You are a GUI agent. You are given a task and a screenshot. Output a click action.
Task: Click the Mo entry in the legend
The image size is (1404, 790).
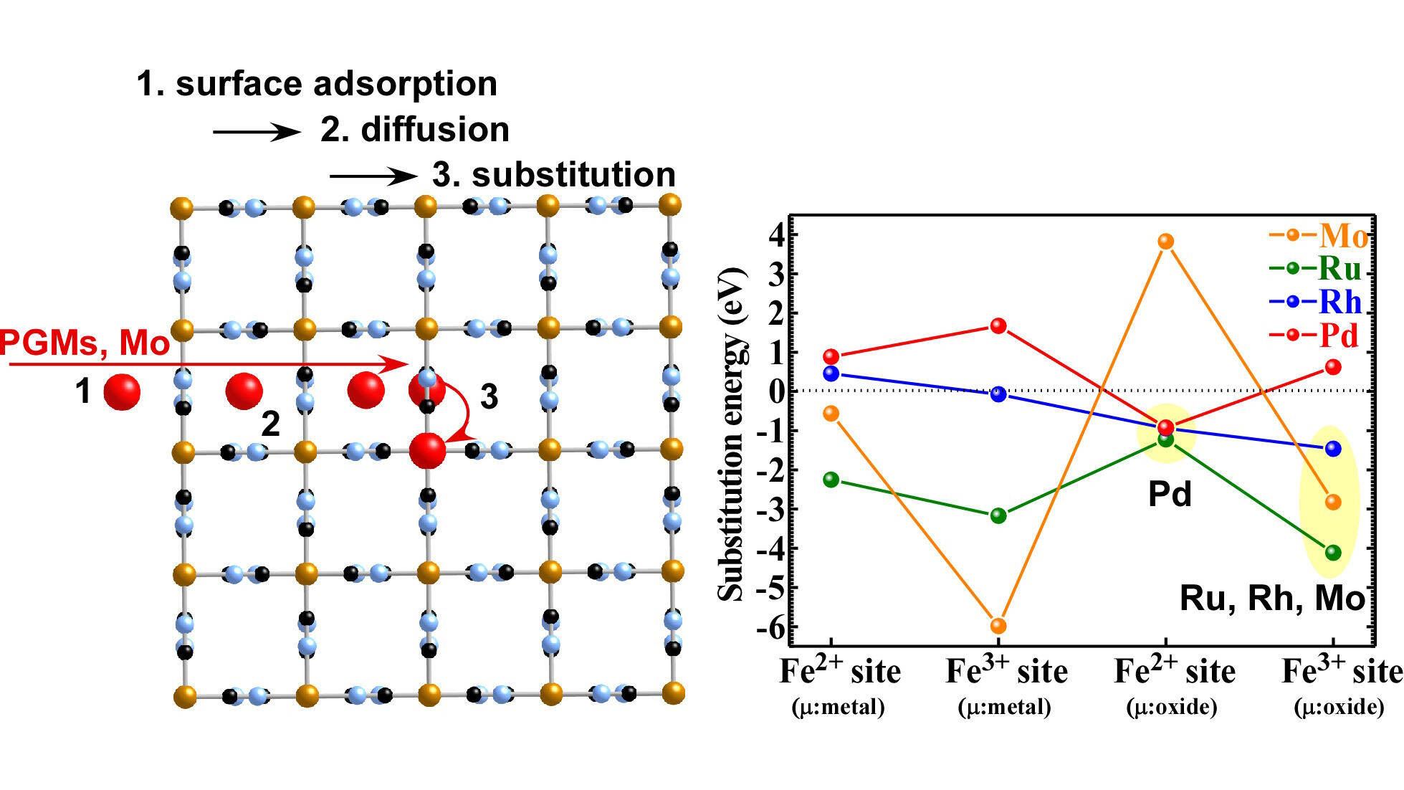(x=1318, y=235)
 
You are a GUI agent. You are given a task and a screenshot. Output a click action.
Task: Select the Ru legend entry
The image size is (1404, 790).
(x=1315, y=268)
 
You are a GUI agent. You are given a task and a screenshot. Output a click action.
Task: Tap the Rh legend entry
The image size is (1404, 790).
(x=1315, y=302)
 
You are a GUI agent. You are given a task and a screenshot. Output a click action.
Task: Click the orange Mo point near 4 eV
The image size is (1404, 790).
(x=1166, y=241)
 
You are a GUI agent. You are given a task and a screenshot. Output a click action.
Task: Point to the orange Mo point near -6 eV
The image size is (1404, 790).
(x=998, y=626)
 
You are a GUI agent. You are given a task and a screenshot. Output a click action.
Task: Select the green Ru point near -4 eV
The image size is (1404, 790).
(x=1333, y=552)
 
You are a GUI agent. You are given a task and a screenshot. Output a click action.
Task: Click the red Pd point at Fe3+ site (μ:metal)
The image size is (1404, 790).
(x=998, y=326)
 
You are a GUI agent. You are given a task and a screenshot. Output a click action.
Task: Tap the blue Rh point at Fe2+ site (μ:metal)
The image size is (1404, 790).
(x=831, y=373)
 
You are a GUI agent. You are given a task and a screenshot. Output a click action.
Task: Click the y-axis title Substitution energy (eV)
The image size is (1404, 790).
(x=732, y=434)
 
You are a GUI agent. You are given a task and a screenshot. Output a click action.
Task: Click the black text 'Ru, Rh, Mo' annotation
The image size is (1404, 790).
(x=1272, y=598)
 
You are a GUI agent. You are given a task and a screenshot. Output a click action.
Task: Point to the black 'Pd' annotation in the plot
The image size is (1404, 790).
(x=1170, y=494)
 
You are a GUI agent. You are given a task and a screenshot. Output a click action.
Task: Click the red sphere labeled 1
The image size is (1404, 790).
(x=122, y=391)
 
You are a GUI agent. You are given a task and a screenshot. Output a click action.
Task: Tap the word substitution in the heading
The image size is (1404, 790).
(x=573, y=175)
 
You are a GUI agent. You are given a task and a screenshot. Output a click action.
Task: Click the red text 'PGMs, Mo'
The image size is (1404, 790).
(x=85, y=343)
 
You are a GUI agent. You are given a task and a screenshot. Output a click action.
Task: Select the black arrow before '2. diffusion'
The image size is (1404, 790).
(x=257, y=132)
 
